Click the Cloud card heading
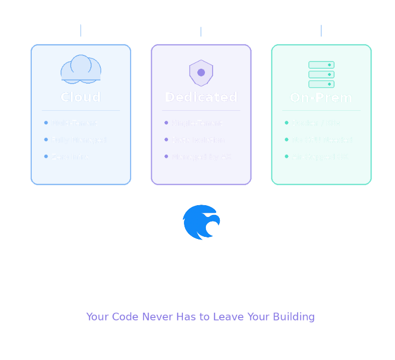pyautogui.click(x=80, y=97)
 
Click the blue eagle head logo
pyautogui.click(x=201, y=222)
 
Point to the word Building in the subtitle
pyautogui.click(x=294, y=317)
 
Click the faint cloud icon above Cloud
pyautogui.click(x=80, y=70)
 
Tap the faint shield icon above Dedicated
pyautogui.click(x=201, y=71)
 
